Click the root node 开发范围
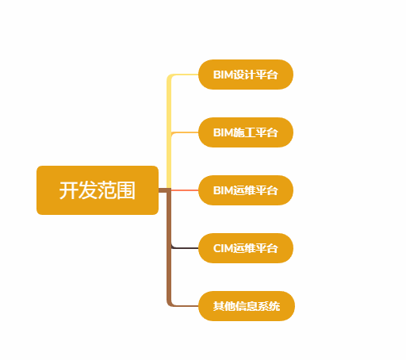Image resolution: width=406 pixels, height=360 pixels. tap(98, 190)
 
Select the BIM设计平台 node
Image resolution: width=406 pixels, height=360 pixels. tap(246, 75)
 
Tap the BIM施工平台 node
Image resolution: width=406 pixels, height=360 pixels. tap(246, 132)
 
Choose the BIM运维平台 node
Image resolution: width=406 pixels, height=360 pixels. tap(246, 190)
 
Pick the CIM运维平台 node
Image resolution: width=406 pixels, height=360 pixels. tap(246, 248)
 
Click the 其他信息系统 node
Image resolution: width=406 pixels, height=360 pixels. tap(247, 306)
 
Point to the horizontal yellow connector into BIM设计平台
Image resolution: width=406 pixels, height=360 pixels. tap(185, 75)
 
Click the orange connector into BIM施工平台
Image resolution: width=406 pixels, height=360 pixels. tap(185, 132)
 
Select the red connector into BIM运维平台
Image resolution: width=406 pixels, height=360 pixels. tap(185, 190)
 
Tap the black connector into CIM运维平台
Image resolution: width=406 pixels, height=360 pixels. tap(185, 248)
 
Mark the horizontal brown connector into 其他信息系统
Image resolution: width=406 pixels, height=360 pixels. tap(185, 306)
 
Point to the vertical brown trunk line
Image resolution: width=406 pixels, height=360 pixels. tap(169, 248)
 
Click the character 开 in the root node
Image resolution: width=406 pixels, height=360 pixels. tap(68, 190)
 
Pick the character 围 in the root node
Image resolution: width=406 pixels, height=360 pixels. tap(126, 190)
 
